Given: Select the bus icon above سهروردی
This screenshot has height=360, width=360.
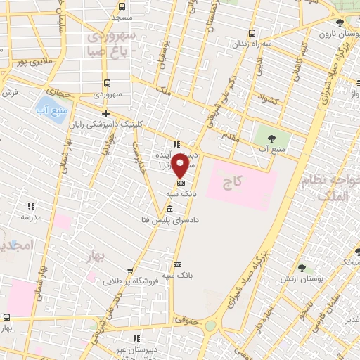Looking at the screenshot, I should coord(106,83).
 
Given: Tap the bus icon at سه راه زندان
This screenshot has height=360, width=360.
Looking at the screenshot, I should coord(252,33).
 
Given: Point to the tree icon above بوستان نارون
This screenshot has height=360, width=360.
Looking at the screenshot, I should coord(340,22).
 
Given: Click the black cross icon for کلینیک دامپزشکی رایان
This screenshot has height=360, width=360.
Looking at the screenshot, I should coord(105,112).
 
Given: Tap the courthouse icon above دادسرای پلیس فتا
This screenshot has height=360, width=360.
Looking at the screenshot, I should coord(169,209).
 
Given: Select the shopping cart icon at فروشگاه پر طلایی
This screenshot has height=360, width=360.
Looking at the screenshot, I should coord(129,270).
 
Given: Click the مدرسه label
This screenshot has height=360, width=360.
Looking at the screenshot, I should coord(31,217).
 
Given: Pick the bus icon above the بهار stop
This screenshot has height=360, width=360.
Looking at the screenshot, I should coord(7,317).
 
